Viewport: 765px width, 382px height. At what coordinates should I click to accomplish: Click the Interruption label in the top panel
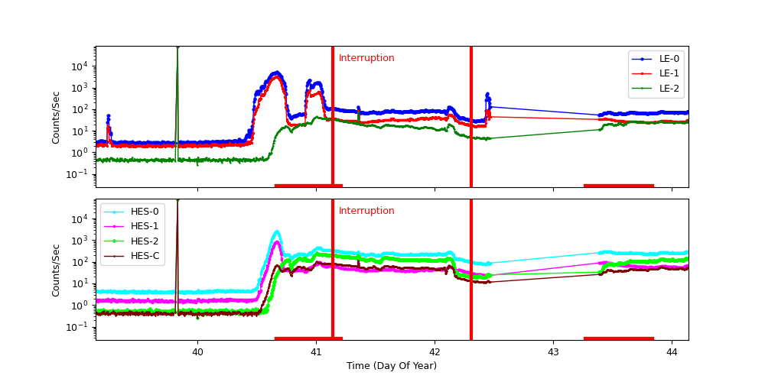pyautogui.click(x=366, y=58)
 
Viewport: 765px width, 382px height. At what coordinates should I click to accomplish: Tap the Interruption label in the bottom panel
pyautogui.click(x=366, y=211)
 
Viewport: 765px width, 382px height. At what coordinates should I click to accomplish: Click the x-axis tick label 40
pyautogui.click(x=197, y=352)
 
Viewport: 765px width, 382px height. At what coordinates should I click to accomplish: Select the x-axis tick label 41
pyautogui.click(x=316, y=352)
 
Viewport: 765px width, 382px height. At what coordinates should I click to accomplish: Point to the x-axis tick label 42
pyautogui.click(x=435, y=352)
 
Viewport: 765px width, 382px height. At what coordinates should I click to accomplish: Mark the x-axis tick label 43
pyautogui.click(x=553, y=352)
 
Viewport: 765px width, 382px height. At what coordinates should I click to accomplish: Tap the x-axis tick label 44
pyautogui.click(x=672, y=352)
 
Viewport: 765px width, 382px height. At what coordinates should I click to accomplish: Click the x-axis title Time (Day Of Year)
pyautogui.click(x=392, y=366)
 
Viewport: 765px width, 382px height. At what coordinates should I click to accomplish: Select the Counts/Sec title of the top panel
pyautogui.click(x=56, y=117)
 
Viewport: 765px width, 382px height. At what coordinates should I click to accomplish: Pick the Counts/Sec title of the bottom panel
pyautogui.click(x=56, y=270)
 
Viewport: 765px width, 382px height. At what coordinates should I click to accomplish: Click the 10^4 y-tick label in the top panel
pyautogui.click(x=81, y=66)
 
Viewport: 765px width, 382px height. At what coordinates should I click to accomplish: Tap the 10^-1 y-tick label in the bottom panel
pyautogui.click(x=80, y=327)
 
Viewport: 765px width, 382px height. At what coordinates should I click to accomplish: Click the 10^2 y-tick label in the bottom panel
pyautogui.click(x=81, y=262)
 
